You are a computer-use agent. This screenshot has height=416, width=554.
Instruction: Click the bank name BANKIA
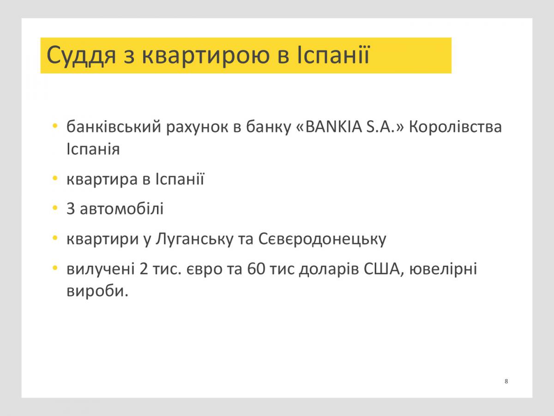[x=334, y=126]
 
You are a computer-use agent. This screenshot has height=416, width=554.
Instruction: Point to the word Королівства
[x=455, y=127]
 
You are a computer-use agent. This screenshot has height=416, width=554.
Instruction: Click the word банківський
[x=114, y=126]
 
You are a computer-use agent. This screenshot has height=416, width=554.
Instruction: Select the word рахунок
[x=197, y=128]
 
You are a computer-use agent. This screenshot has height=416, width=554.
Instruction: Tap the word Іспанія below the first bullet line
[x=93, y=149]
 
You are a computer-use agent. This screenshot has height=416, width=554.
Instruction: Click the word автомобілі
[x=122, y=208]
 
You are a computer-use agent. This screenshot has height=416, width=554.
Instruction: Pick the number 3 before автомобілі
[x=71, y=208]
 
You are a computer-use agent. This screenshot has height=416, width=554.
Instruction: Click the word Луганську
[x=194, y=239]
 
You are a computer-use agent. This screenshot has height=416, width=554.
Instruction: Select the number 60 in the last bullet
[x=256, y=269]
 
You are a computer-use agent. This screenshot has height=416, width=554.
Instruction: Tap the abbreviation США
[x=382, y=269]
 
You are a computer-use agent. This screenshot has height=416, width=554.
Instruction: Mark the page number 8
[x=506, y=381]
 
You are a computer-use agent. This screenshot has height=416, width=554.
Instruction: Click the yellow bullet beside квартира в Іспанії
[x=55, y=178]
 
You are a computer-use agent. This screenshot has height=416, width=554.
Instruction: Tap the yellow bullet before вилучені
[x=55, y=268]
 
